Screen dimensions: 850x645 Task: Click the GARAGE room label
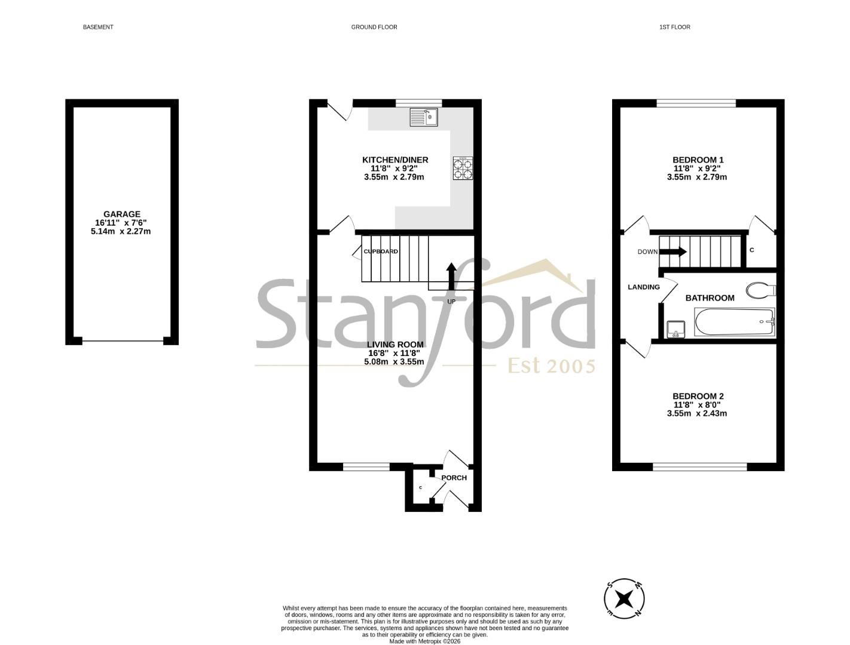click(121, 214)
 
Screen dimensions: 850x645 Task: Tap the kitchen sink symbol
click(423, 117)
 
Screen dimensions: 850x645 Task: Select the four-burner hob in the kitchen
click(463, 168)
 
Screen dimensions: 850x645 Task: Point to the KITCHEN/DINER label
click(395, 159)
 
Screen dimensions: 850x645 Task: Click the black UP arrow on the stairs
click(451, 276)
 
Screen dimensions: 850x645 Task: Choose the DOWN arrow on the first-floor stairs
click(672, 252)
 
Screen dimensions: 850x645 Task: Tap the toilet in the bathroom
click(760, 290)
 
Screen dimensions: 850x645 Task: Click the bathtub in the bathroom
click(734, 322)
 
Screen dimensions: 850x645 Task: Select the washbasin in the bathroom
click(675, 328)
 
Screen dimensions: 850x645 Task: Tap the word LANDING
click(643, 287)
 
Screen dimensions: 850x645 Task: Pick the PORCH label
click(454, 477)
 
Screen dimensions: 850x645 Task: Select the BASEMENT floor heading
click(98, 27)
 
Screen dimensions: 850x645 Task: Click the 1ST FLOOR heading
click(675, 27)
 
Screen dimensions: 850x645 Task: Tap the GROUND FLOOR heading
click(374, 27)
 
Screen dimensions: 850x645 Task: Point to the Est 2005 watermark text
click(552, 365)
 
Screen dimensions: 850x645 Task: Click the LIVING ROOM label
click(395, 344)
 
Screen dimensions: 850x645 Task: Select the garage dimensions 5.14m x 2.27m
click(121, 231)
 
